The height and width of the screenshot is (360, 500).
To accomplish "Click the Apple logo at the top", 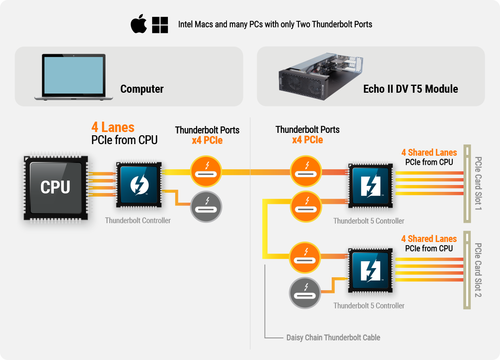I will (138, 24).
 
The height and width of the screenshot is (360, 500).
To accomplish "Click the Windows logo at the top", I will (160, 25).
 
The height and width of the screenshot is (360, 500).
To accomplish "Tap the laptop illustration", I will (74, 77).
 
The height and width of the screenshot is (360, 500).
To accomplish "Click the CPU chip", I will (55, 187).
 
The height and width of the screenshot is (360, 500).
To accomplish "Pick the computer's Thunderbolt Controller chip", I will (139, 185).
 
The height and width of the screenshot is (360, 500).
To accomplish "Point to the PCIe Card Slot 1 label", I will (478, 183).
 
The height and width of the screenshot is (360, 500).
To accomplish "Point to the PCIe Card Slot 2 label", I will (478, 270).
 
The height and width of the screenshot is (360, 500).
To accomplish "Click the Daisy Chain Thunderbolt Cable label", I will (333, 338).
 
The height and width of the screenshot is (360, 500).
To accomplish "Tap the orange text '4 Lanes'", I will (113, 127).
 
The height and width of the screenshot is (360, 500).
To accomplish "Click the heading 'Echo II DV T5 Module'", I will (410, 89).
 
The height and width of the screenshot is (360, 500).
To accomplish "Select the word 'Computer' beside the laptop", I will (142, 89).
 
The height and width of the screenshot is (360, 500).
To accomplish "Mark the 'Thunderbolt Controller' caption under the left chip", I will (138, 220).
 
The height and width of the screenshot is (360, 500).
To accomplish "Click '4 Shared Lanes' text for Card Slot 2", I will (429, 239).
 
